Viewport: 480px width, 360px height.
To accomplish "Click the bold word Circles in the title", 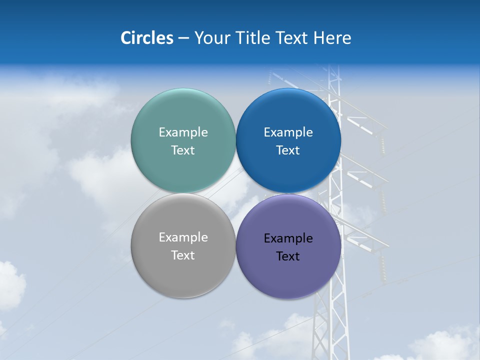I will [146, 38].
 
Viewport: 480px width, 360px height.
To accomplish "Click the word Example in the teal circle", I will [183, 132].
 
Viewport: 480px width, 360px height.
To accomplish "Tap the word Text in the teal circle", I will [183, 150].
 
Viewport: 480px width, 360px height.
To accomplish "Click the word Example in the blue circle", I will [288, 132].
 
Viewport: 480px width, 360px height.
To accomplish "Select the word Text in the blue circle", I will [288, 150].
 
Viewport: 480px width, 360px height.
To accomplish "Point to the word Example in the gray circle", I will [183, 237].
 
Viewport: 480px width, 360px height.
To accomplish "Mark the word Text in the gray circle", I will [183, 255].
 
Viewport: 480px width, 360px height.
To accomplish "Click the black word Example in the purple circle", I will [288, 238].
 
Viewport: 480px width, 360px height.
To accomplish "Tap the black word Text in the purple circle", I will [288, 256].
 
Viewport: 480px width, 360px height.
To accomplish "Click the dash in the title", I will [183, 38].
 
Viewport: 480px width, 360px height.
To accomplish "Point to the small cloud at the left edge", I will [10, 285].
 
